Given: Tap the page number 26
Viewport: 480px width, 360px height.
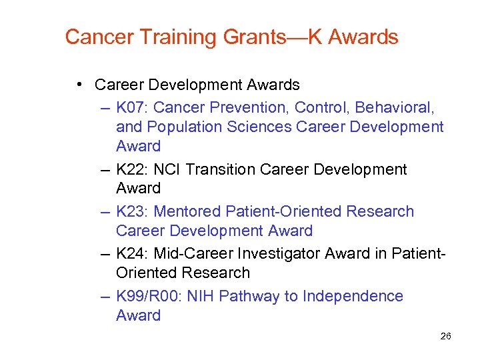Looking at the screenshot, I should click(446, 336).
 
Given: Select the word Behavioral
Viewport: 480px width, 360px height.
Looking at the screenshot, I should click(394, 107).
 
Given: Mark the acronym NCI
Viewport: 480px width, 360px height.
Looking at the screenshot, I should click(167, 169).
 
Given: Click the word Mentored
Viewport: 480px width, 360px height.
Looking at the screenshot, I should click(187, 211).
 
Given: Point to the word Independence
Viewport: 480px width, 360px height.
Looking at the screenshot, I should click(353, 295).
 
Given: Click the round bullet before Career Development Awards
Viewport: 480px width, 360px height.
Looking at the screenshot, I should click(79, 85).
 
